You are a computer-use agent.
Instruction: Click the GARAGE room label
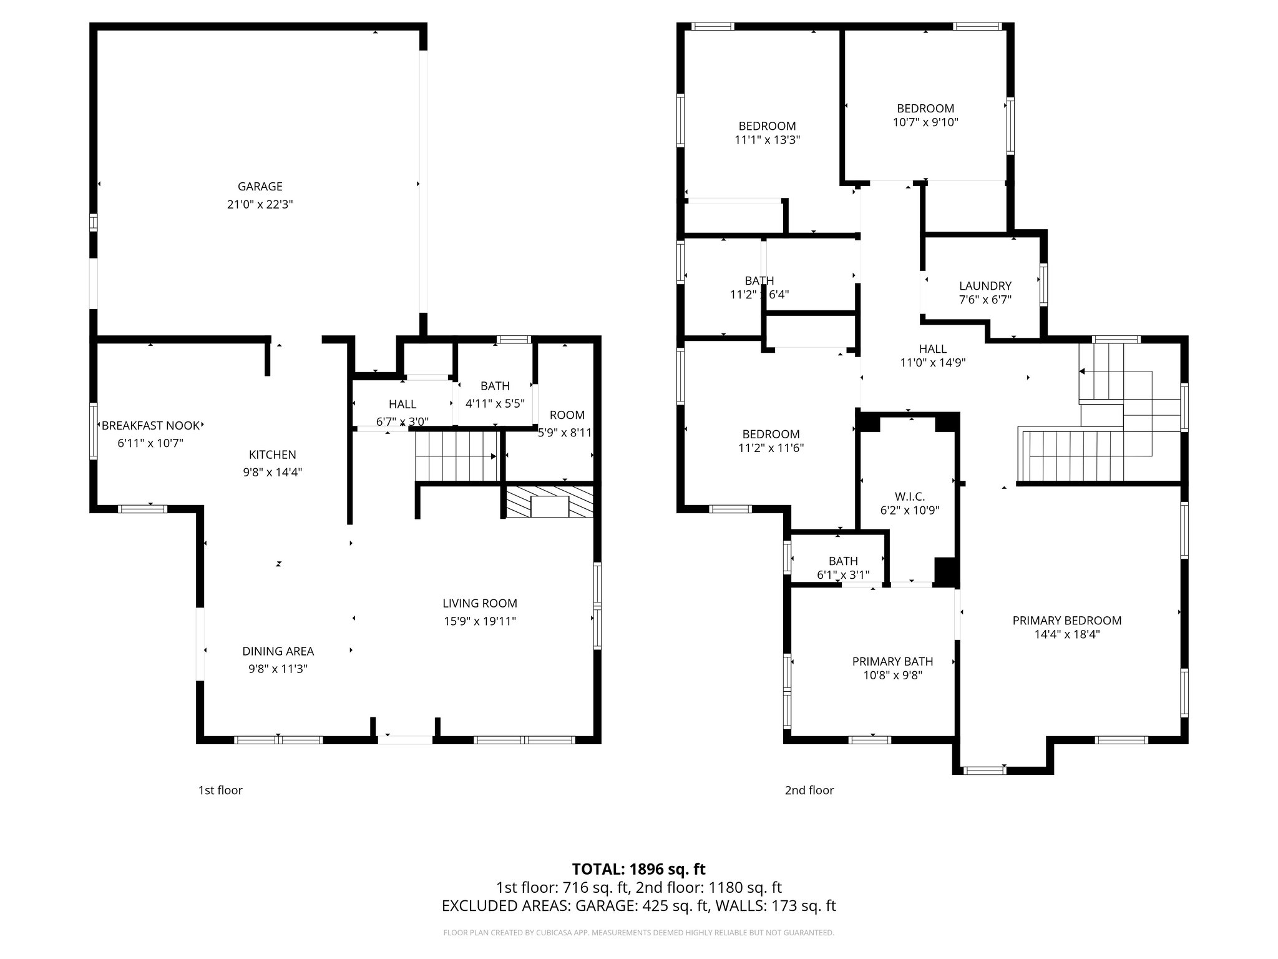pyautogui.click(x=260, y=186)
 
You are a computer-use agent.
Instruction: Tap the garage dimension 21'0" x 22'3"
pyautogui.click(x=260, y=204)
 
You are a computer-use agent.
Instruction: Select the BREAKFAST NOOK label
pyautogui.click(x=150, y=426)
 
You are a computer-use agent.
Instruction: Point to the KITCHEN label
pyautogui.click(x=272, y=455)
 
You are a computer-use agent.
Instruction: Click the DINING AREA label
pyautogui.click(x=278, y=651)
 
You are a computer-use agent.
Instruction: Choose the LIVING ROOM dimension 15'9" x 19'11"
pyautogui.click(x=479, y=621)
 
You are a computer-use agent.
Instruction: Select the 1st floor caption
pyautogui.click(x=220, y=790)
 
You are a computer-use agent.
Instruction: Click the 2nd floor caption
pyautogui.click(x=809, y=790)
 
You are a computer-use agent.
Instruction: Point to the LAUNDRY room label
pyautogui.click(x=985, y=286)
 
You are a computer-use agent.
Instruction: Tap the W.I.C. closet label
pyautogui.click(x=909, y=496)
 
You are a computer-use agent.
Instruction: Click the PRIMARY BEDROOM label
pyautogui.click(x=1066, y=621)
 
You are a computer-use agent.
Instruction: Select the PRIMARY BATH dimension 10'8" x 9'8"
pyautogui.click(x=892, y=675)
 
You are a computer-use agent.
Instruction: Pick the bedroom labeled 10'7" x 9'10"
pyautogui.click(x=925, y=115)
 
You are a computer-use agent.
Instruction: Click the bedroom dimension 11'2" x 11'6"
pyautogui.click(x=771, y=448)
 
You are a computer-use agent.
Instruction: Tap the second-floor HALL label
pyautogui.click(x=932, y=349)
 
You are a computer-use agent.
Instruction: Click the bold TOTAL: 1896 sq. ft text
pyautogui.click(x=638, y=869)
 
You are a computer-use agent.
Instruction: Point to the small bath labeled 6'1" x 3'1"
pyautogui.click(x=842, y=568)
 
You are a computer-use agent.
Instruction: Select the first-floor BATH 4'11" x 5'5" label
pyautogui.click(x=495, y=394)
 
